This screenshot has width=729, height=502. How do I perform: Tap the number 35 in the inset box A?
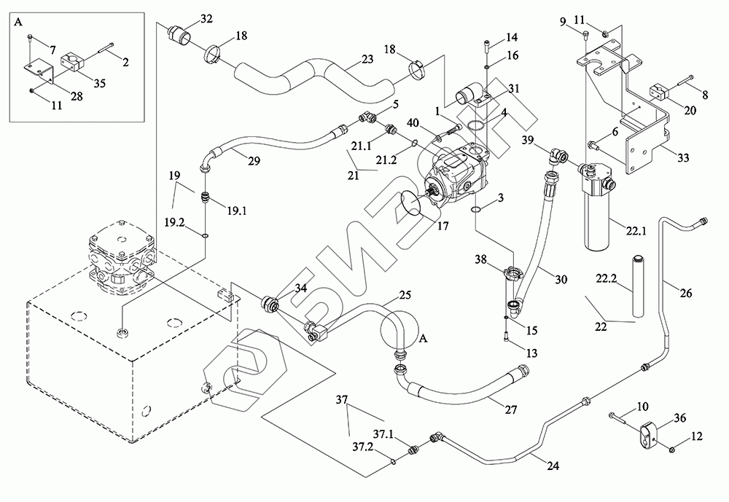coord(100,83)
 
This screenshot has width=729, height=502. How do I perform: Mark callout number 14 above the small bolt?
coord(512,36)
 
